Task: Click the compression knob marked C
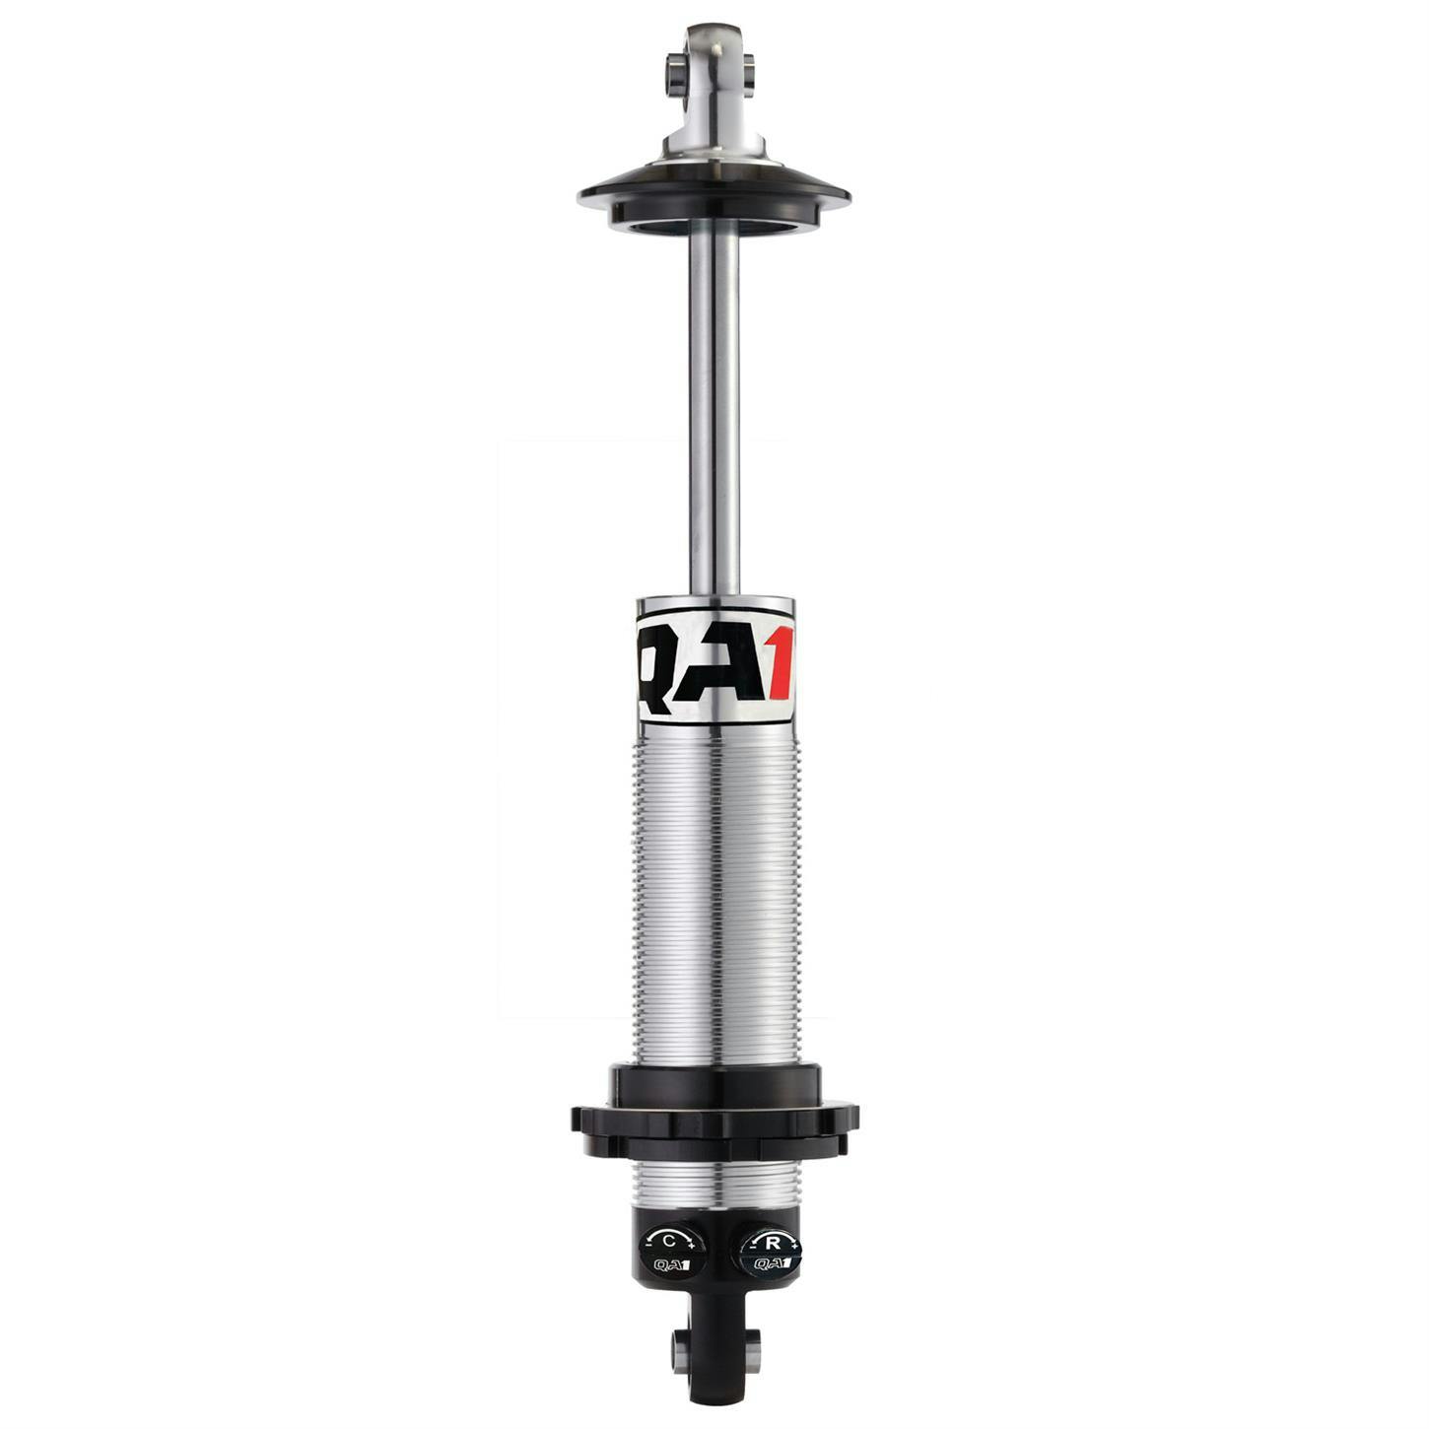click(x=672, y=1252)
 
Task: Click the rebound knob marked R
click(x=770, y=1252)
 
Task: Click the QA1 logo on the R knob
click(x=771, y=1264)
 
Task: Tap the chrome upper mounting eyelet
click(x=714, y=69)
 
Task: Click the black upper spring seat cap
click(x=714, y=197)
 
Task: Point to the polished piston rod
click(x=714, y=414)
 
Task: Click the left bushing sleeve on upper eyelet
click(x=674, y=70)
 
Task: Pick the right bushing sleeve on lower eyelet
click(x=754, y=1343)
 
